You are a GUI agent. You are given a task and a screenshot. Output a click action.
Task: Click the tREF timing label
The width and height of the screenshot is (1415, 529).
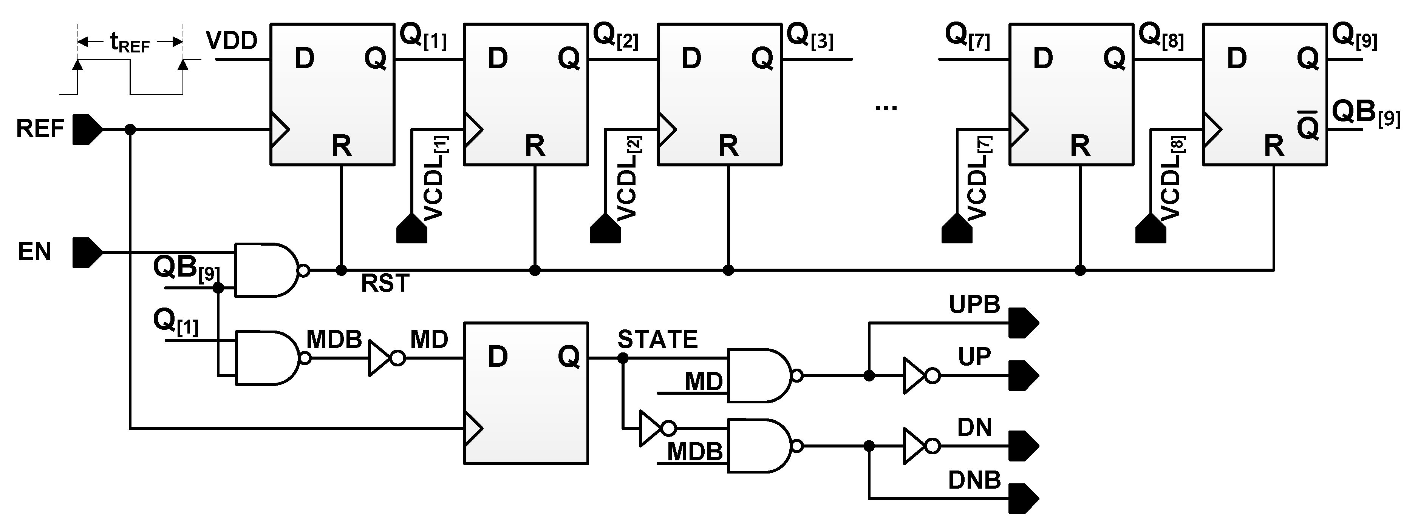[130, 42]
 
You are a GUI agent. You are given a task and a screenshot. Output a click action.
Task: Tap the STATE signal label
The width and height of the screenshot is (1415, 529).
[657, 340]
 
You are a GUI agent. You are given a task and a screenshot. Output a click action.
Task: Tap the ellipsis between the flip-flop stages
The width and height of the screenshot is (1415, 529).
[886, 108]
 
